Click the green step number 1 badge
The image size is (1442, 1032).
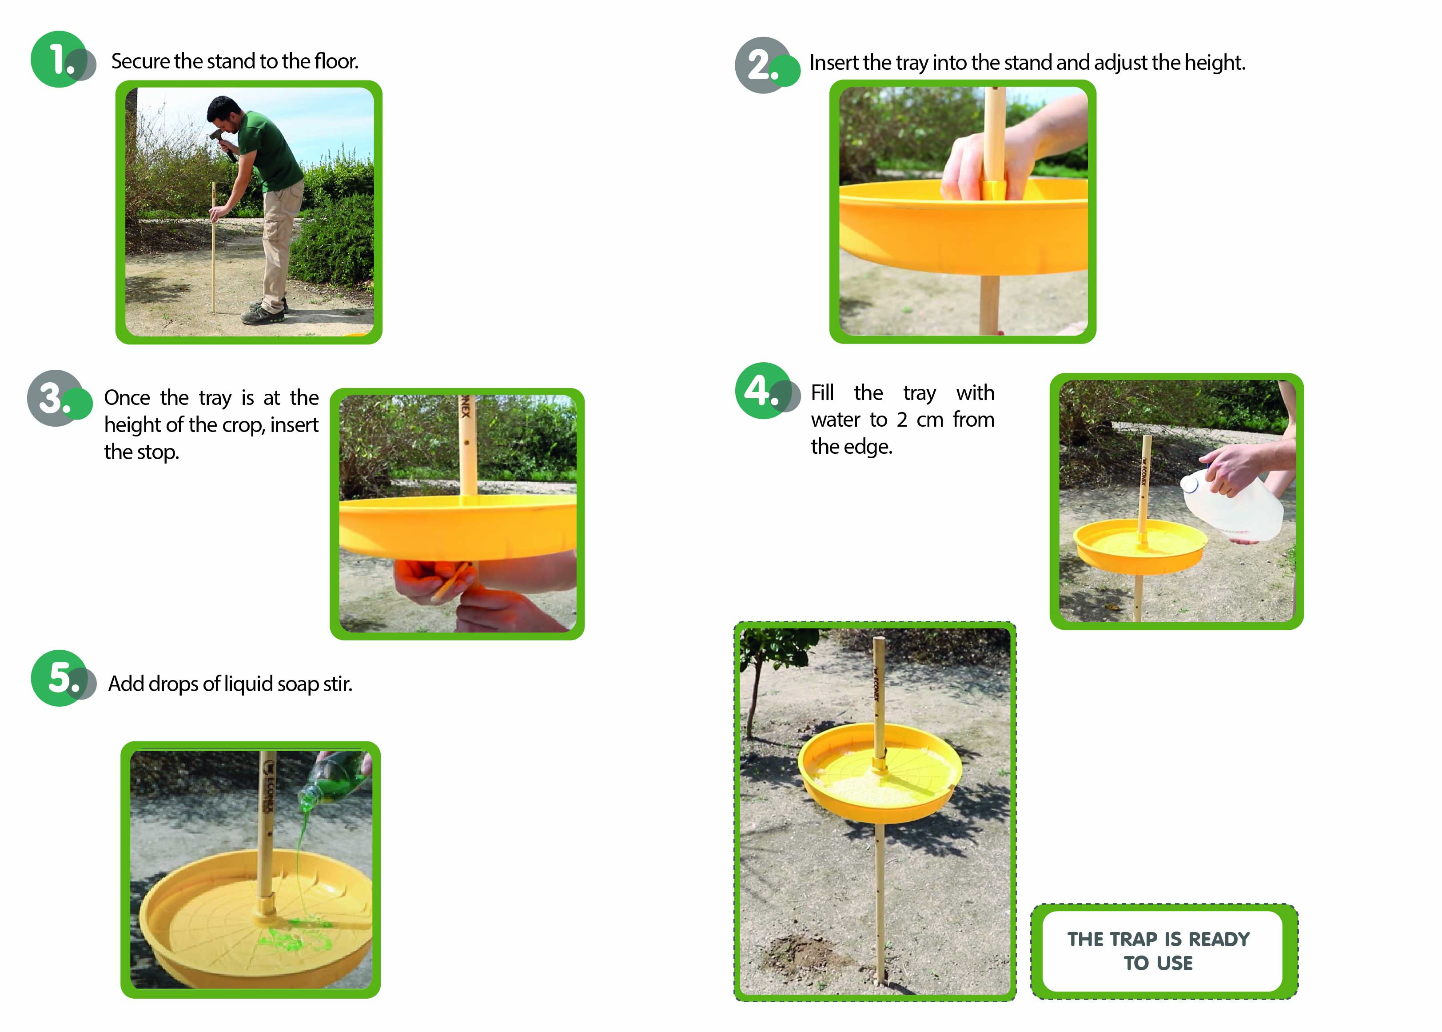[x=59, y=59]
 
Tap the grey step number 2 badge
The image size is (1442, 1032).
[x=763, y=65]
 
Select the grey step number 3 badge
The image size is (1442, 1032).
[x=55, y=398]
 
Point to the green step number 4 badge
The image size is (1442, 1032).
[x=763, y=390]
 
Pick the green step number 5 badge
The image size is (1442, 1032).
[x=59, y=678]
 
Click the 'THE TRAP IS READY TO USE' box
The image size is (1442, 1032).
[x=1164, y=951]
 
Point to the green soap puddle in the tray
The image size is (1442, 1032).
[x=294, y=936]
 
